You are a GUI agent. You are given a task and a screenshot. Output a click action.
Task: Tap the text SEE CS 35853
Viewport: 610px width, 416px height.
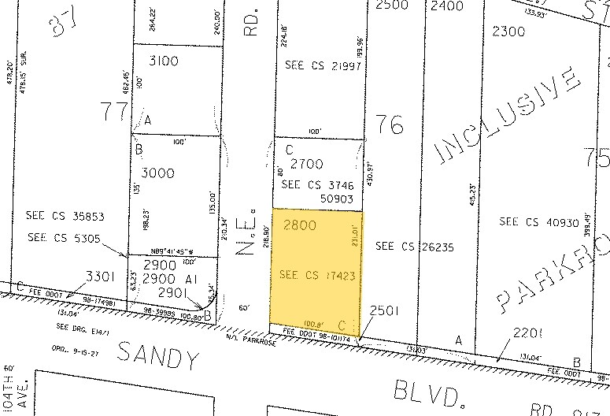65,216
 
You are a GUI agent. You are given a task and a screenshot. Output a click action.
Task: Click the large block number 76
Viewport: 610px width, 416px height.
390,124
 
